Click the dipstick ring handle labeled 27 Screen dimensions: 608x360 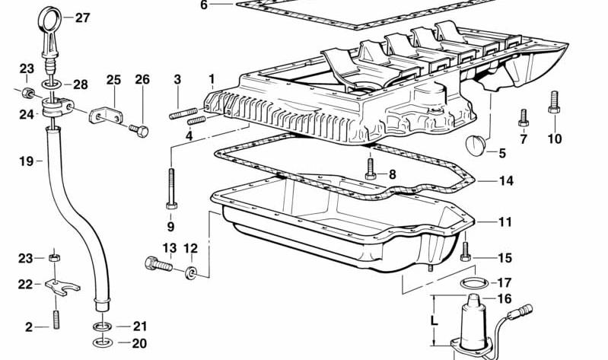pyautogui.click(x=50, y=11)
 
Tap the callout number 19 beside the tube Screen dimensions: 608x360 pyautogui.click(x=26, y=161)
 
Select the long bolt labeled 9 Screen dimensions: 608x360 pyautogui.click(x=171, y=189)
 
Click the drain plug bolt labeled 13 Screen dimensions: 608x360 pyautogui.click(x=158, y=265)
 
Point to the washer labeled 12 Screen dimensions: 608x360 pyautogui.click(x=190, y=272)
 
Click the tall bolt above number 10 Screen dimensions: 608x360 pyautogui.click(x=554, y=102)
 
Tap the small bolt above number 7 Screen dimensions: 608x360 pyautogui.click(x=524, y=117)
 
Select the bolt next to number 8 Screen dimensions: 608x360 pyautogui.click(x=371, y=169)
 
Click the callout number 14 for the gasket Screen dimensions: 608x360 pyautogui.click(x=505, y=181)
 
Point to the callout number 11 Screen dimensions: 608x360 pyautogui.click(x=505, y=222)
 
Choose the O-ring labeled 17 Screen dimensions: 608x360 pyautogui.click(x=475, y=283)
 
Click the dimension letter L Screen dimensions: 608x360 pyautogui.click(x=435, y=320)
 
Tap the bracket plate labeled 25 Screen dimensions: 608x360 pyautogui.click(x=106, y=116)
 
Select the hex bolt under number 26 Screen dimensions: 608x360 pyautogui.click(x=138, y=130)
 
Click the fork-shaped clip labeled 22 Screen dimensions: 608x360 pyautogui.click(x=62, y=288)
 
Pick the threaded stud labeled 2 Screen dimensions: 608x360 pyautogui.click(x=56, y=318)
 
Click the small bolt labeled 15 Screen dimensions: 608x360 pyautogui.click(x=465, y=250)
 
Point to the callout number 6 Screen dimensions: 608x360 pyautogui.click(x=204, y=5)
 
